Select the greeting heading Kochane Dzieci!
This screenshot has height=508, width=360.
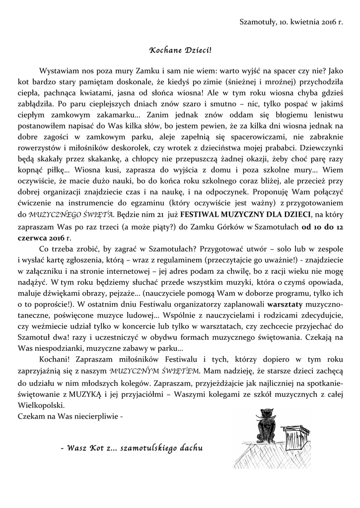pyautogui.click(x=180, y=51)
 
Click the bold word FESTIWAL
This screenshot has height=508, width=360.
pyautogui.click(x=203, y=214)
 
